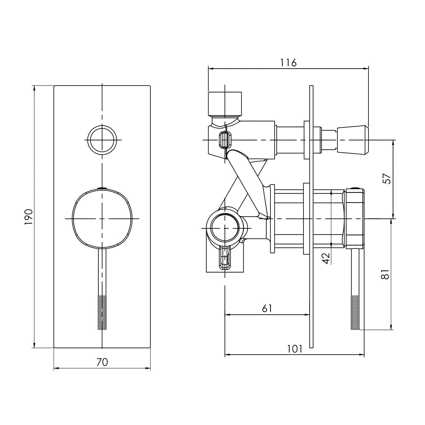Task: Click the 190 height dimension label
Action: coord(28,217)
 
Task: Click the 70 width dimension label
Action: coord(102,362)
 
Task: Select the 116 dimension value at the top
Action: coord(288,63)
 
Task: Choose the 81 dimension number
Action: coord(385,273)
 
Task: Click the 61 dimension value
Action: coord(267,308)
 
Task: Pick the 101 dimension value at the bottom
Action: coord(295,348)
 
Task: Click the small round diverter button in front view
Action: coord(102,140)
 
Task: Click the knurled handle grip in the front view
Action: coord(102,312)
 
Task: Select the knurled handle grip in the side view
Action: coord(355,312)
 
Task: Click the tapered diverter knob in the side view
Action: coord(353,140)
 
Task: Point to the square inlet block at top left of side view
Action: coord(225,104)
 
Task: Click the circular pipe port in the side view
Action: coord(225,228)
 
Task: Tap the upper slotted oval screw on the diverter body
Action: coord(225,140)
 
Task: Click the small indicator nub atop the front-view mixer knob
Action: coord(102,189)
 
